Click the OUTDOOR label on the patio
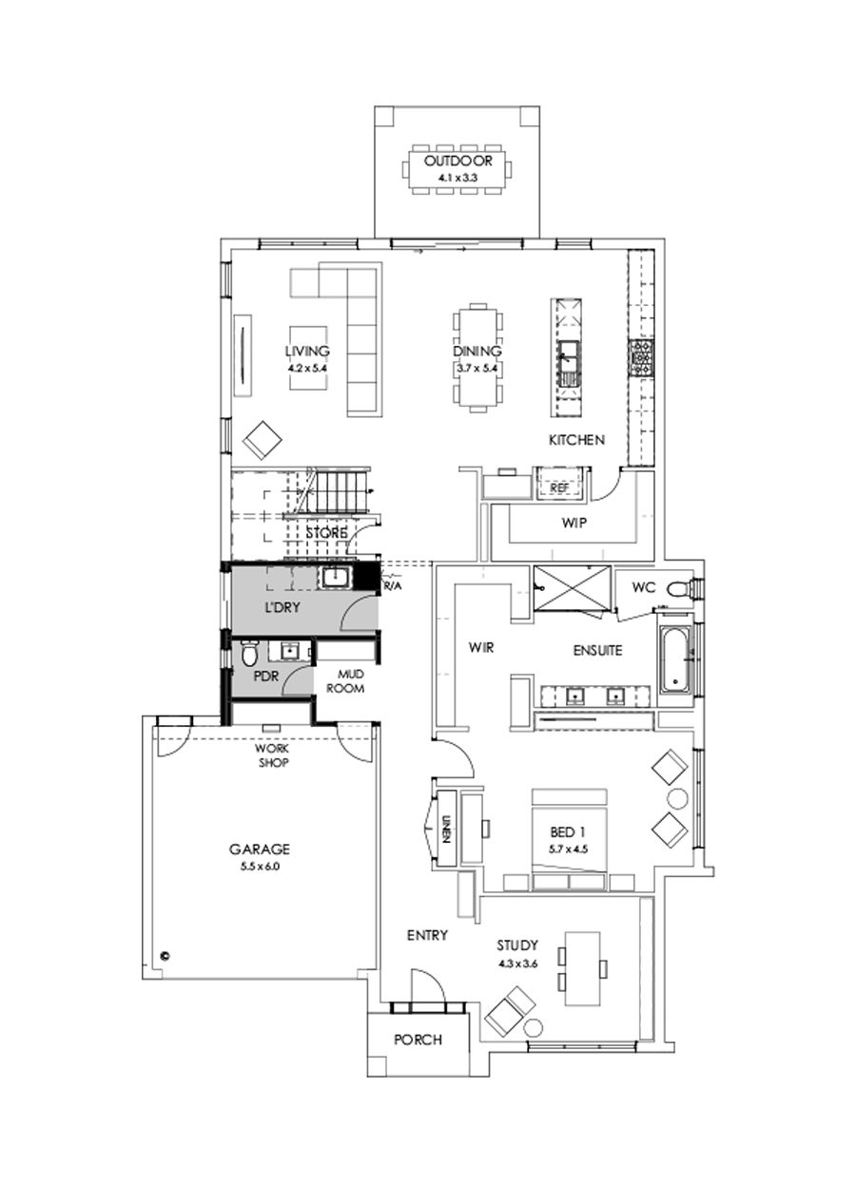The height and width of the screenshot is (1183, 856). click(x=458, y=161)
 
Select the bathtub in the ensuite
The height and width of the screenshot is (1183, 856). click(x=673, y=658)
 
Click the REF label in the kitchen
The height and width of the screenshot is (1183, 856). click(x=558, y=487)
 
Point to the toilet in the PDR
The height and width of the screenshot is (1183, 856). click(x=249, y=655)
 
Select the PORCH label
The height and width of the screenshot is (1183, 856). click(x=418, y=1039)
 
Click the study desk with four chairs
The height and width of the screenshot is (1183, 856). click(x=582, y=968)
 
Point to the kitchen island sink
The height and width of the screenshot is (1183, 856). click(x=568, y=359)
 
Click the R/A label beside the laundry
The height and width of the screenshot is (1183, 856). click(x=392, y=586)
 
